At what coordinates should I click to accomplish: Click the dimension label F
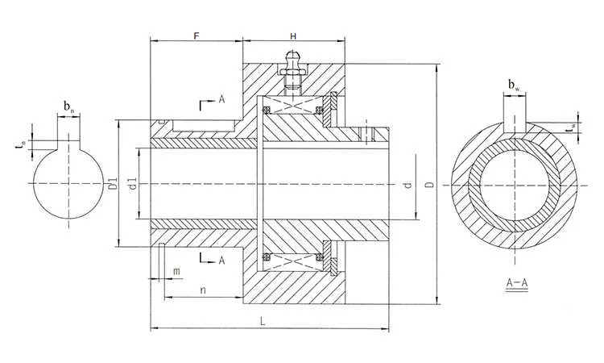pyautogui.click(x=197, y=36)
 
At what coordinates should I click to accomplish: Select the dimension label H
pyautogui.click(x=293, y=36)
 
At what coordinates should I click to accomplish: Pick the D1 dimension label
pyautogui.click(x=113, y=184)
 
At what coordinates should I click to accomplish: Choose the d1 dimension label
pyautogui.click(x=131, y=184)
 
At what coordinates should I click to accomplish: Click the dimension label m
pyautogui.click(x=176, y=272)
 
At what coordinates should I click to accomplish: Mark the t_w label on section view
pyautogui.click(x=570, y=127)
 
